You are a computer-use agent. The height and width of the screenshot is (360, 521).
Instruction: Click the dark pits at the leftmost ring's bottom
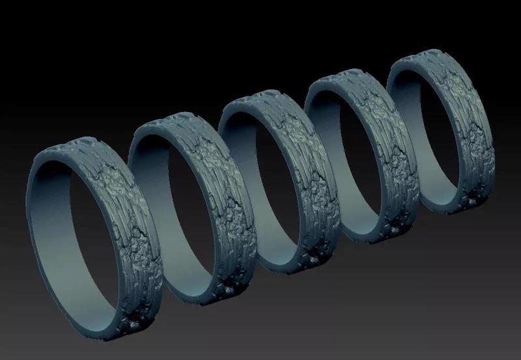point(135,322)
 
